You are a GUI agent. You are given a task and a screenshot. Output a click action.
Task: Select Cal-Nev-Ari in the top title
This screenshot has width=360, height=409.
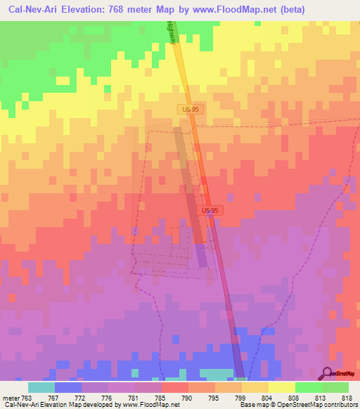33,10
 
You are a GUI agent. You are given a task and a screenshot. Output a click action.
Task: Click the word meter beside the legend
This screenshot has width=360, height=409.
10,398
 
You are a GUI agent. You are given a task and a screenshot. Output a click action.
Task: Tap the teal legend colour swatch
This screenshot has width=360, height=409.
41,387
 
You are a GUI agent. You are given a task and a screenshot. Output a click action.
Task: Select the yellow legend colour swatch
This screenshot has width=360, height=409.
281,387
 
